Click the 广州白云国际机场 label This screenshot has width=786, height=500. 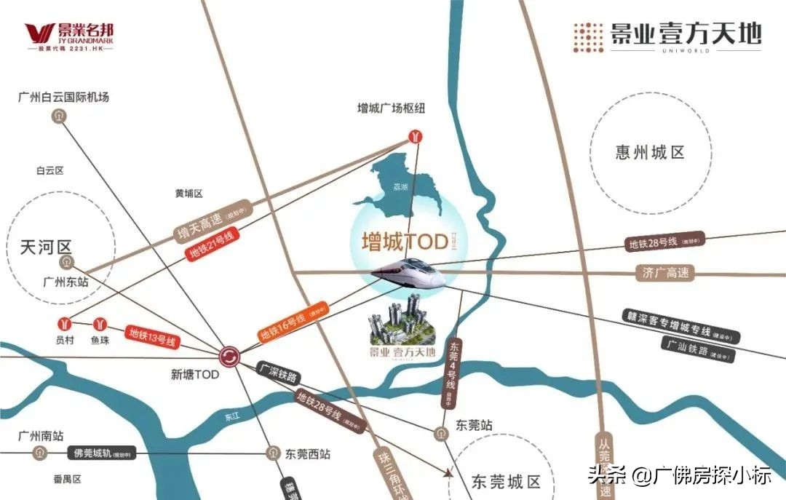pos(64,97)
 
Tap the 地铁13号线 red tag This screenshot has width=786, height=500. pos(153,336)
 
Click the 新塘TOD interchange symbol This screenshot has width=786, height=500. pos(229,356)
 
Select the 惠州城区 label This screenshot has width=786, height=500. pos(650,152)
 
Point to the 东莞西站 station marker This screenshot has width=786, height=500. pos(273,453)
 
